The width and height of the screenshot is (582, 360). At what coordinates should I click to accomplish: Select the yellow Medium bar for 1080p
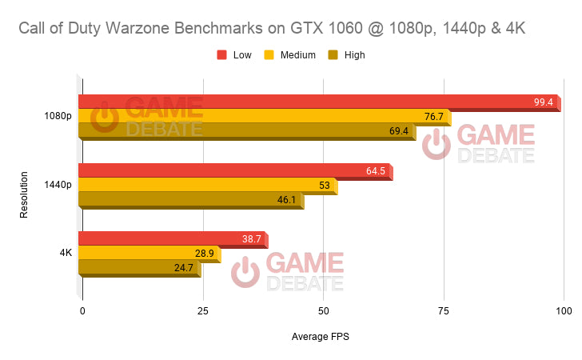click(264, 117)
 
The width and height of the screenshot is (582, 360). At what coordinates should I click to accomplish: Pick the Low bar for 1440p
click(235, 170)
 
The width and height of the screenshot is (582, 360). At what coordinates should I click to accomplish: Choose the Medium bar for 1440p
click(207, 186)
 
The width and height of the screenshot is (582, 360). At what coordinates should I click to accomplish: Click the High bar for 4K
click(139, 268)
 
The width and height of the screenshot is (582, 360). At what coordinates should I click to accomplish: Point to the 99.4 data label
click(544, 102)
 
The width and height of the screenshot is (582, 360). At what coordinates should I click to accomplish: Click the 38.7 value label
click(251, 239)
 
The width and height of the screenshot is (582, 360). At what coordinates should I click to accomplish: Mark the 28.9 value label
click(205, 254)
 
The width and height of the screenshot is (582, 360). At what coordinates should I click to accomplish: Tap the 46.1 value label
click(286, 200)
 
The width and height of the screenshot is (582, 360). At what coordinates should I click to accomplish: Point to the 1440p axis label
click(58, 185)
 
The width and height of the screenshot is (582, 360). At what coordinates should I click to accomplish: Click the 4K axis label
click(66, 253)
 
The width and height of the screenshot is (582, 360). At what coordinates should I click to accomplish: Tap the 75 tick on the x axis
click(444, 310)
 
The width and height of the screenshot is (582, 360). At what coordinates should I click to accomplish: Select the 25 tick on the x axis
click(203, 310)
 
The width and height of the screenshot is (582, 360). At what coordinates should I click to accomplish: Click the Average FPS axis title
click(321, 337)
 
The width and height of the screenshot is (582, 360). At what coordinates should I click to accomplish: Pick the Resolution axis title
click(25, 192)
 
